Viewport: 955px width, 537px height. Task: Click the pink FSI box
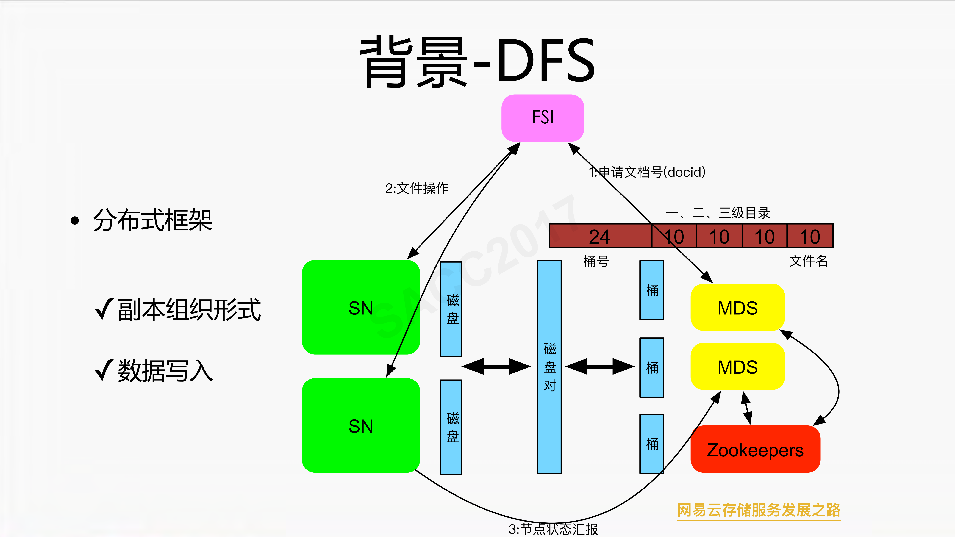pos(542,118)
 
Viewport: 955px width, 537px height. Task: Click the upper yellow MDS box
pos(737,308)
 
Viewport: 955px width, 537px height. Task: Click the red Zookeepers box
pos(755,450)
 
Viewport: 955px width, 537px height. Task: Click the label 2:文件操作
pos(417,188)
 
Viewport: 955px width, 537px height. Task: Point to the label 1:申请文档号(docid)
pos(647,172)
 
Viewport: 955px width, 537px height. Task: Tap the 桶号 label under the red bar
pos(596,261)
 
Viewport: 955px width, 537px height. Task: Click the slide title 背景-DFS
pos(477,61)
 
